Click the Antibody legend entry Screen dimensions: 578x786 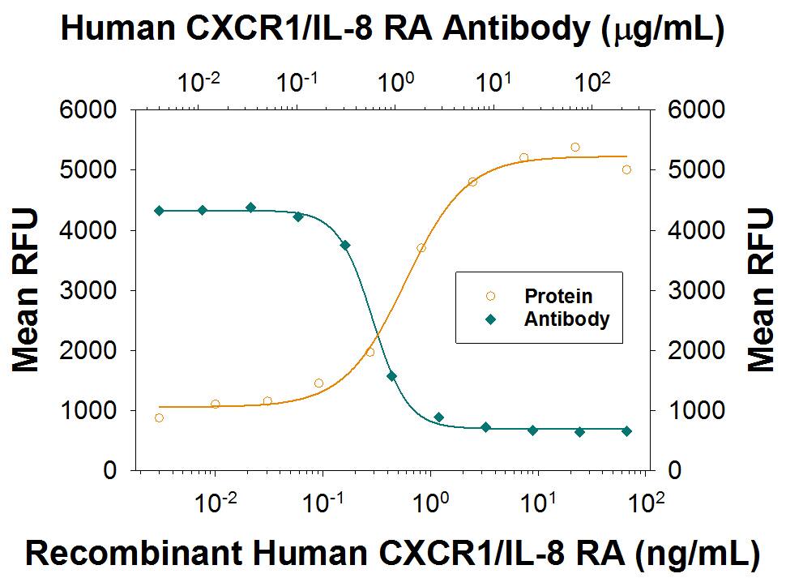tap(566, 319)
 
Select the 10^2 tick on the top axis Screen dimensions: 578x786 tap(594, 82)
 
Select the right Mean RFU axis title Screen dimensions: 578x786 tap(759, 289)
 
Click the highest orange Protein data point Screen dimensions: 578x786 tap(575, 148)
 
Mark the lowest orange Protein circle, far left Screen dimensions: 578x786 tap(159, 417)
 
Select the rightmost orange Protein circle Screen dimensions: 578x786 tap(626, 169)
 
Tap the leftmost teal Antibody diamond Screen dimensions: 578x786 tap(159, 211)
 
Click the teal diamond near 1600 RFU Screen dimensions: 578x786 tap(391, 376)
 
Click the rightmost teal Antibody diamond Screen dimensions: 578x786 tap(626, 431)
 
